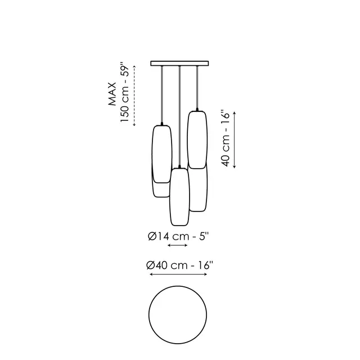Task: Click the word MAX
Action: coord(112,94)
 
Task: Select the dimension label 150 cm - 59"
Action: coord(125,92)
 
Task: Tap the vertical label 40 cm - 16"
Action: coord(226,139)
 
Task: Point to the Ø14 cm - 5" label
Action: coord(178,236)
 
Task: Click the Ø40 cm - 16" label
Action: coord(179,265)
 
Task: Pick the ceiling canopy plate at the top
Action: coord(179,64)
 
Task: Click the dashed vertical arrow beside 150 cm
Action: coord(134,96)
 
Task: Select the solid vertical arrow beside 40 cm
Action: coord(235,140)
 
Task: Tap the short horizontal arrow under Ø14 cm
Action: coord(178,245)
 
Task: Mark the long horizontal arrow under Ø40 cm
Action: coord(178,274)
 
